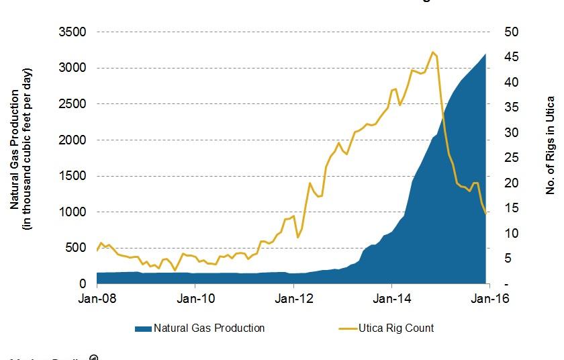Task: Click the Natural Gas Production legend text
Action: tap(209, 328)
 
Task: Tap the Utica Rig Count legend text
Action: tap(396, 328)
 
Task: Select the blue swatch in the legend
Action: tap(142, 328)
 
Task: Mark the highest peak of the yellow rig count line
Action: tap(433, 52)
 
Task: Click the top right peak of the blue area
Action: tap(485, 54)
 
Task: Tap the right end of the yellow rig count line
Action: tap(485, 214)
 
